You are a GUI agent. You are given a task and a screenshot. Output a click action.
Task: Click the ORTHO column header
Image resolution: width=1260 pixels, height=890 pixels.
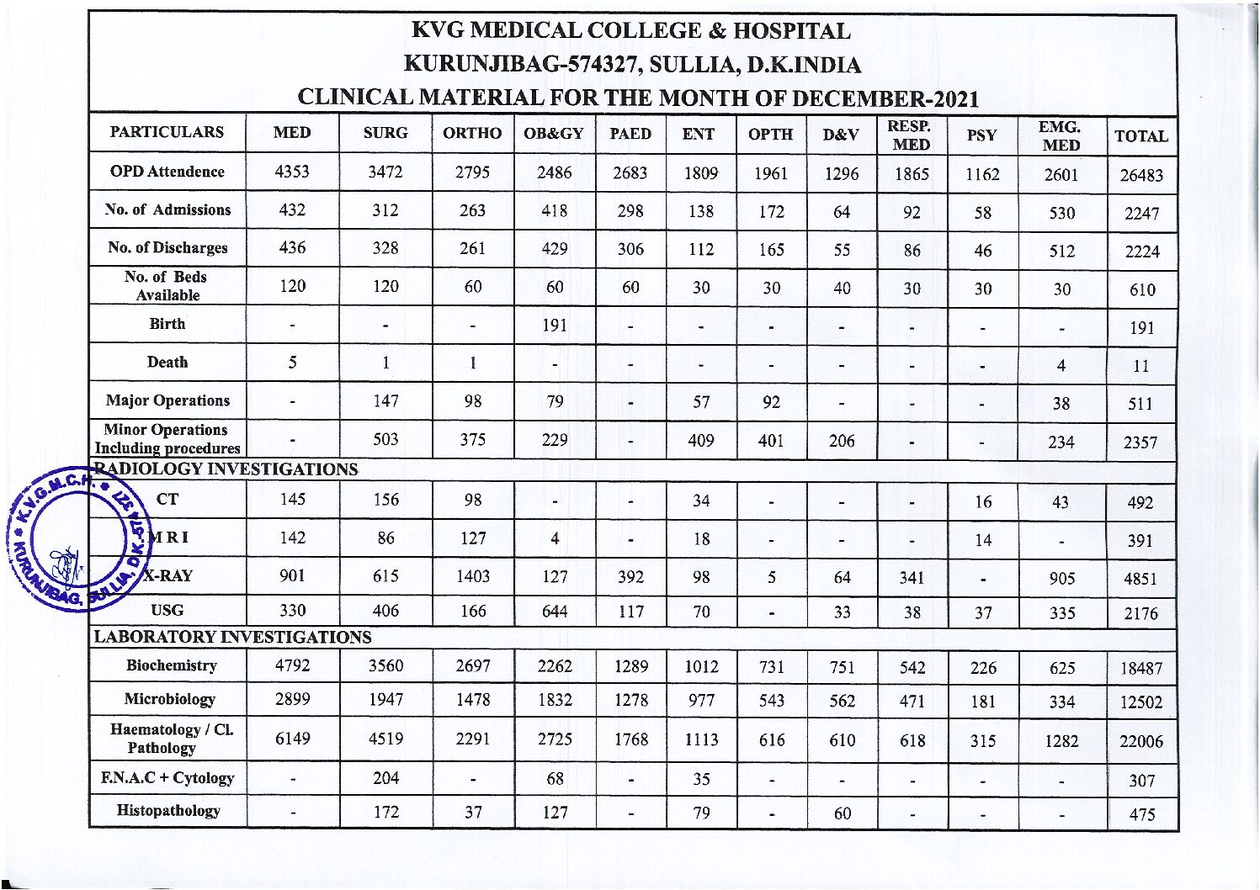(x=471, y=133)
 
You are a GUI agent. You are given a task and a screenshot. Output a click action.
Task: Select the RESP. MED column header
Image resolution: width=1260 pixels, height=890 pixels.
(x=910, y=135)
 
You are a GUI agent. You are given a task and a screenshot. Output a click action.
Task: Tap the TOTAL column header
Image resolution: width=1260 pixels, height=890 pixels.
(x=1140, y=136)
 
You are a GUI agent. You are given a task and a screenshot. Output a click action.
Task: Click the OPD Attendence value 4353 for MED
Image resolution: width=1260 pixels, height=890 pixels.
(x=292, y=172)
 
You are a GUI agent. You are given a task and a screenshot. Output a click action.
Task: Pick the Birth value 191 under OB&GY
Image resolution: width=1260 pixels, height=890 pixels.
(x=554, y=326)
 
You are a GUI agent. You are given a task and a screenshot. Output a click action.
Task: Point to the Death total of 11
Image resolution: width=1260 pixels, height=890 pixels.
(x=1140, y=366)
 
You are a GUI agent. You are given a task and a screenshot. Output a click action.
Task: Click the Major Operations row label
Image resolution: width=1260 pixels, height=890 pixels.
(x=167, y=400)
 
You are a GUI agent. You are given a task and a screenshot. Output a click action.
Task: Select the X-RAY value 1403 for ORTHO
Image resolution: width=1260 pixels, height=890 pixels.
(x=472, y=576)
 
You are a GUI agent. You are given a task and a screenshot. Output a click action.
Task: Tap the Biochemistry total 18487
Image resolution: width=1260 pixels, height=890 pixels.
(x=1140, y=669)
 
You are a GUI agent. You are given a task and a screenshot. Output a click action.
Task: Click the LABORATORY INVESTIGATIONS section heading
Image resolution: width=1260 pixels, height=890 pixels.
(x=232, y=638)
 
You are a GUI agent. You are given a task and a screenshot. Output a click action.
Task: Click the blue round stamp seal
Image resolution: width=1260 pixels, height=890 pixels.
(x=76, y=538)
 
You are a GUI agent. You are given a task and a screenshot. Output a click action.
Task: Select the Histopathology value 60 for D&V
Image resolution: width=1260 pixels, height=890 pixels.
(x=842, y=813)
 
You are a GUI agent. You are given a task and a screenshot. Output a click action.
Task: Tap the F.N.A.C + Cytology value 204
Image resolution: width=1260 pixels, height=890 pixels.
(x=385, y=778)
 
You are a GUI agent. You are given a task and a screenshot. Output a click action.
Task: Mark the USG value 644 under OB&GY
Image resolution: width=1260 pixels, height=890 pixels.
(x=554, y=612)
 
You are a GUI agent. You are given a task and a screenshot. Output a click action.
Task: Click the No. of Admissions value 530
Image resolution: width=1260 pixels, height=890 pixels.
(x=1061, y=213)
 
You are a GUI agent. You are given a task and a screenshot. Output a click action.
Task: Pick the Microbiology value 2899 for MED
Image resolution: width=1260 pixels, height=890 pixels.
(x=292, y=700)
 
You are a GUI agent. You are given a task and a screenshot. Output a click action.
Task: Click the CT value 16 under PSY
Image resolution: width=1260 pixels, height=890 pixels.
(x=982, y=502)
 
